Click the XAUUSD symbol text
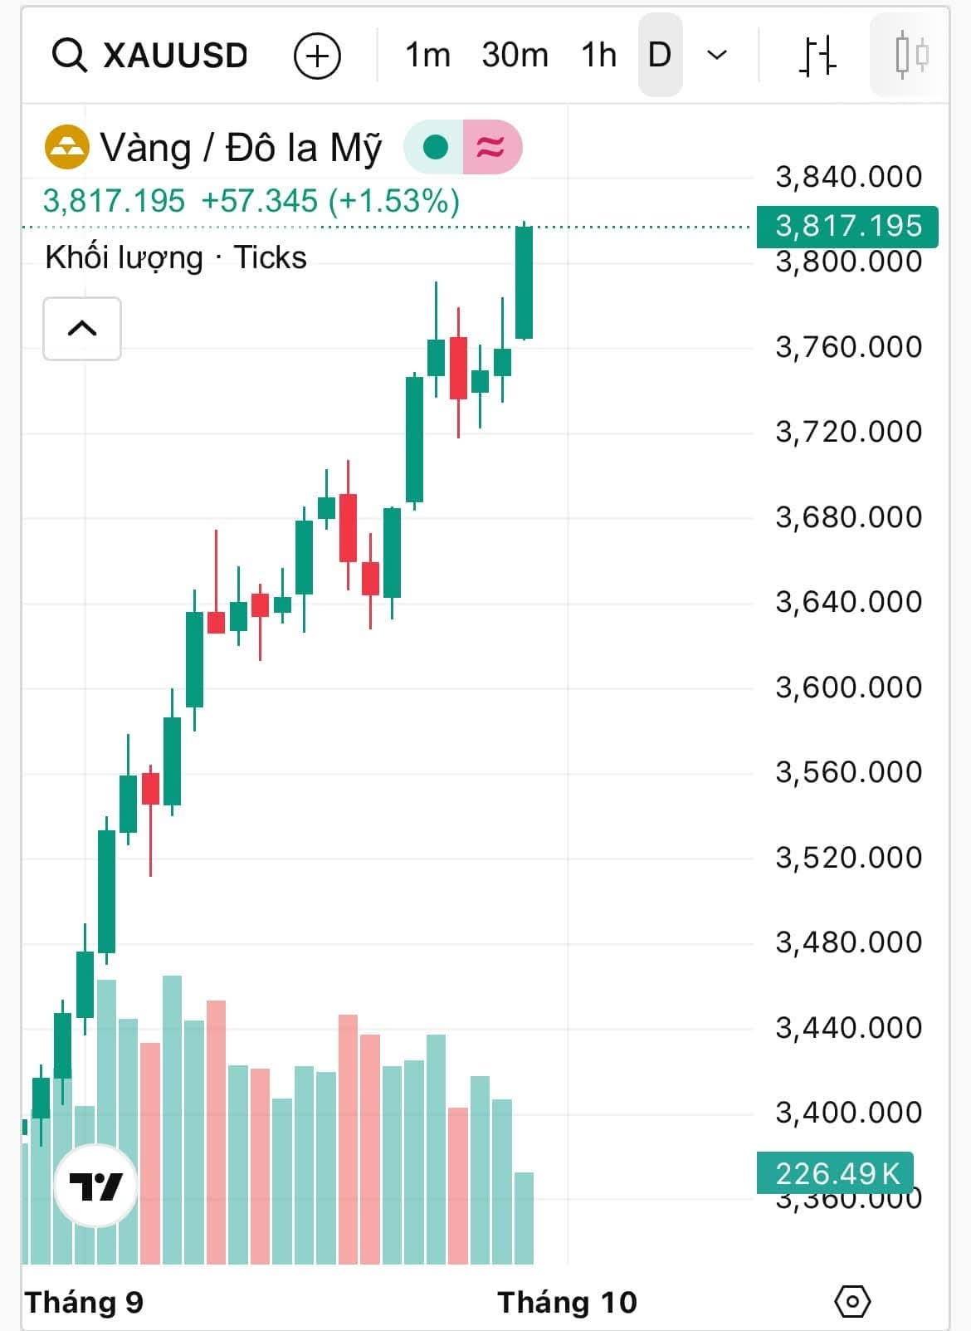[175, 56]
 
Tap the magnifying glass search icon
[69, 56]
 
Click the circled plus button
[317, 56]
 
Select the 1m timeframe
[427, 56]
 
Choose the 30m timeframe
[515, 56]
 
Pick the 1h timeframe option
[598, 56]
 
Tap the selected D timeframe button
[660, 56]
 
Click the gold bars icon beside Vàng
[66, 147]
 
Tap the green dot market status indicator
[435, 147]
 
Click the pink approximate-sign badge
[490, 147]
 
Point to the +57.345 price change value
[259, 201]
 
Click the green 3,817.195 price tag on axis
[847, 226]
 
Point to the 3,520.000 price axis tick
[848, 857]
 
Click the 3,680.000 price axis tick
[848, 516]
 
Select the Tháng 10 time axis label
[567, 1302]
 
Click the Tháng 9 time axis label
[84, 1302]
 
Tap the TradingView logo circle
[95, 1186]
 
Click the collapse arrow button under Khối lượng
[82, 329]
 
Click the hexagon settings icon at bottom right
[852, 1301]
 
